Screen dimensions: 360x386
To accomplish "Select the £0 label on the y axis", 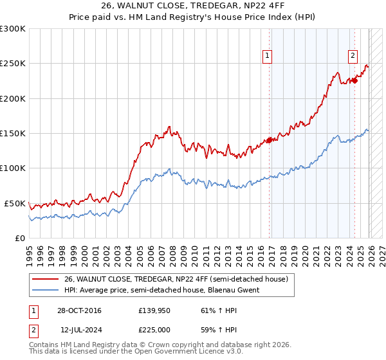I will tap(19, 238).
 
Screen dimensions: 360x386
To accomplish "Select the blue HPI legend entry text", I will tap(161, 290).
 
